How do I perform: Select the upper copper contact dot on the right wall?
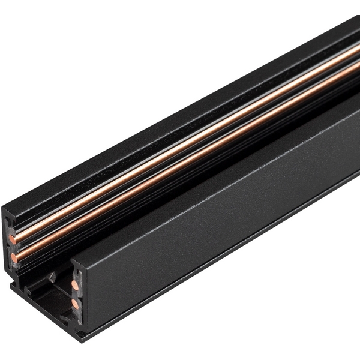coord(74,284)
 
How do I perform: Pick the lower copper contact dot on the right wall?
coord(76,304)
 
